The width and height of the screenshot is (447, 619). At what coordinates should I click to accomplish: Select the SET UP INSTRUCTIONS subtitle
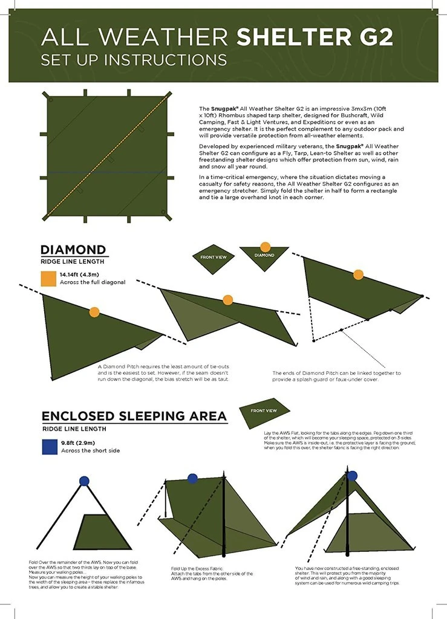[134, 60]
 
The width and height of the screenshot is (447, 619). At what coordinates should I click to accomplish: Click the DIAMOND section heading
[73, 250]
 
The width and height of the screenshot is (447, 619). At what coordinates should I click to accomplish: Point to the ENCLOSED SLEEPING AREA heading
[134, 416]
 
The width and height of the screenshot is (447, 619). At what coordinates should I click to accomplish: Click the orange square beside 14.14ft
[48, 278]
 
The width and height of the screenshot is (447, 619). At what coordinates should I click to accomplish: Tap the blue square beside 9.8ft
[48, 446]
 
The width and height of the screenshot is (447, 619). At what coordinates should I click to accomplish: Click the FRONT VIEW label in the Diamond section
[213, 258]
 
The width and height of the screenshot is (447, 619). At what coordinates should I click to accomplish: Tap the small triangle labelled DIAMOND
[264, 256]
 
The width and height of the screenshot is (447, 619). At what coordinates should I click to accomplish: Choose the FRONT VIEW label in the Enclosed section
[264, 411]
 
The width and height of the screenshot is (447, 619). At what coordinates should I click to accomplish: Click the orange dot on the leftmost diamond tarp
[94, 312]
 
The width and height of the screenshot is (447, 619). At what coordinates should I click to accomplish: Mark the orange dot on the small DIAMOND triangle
[265, 247]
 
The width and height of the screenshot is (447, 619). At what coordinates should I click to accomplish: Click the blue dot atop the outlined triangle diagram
[84, 481]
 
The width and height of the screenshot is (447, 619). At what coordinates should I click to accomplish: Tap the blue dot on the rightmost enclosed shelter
[352, 476]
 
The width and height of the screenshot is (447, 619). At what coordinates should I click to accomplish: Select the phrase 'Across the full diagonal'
[93, 282]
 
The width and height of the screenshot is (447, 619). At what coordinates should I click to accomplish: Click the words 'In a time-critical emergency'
[237, 177]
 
